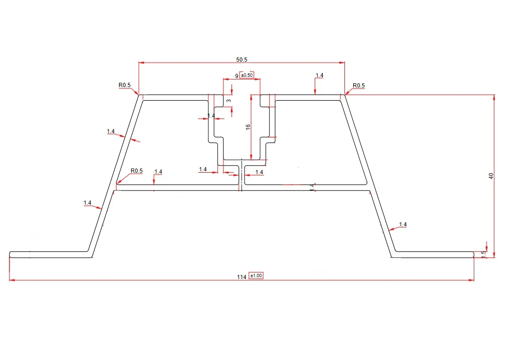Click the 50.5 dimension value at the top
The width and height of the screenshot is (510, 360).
click(242, 59)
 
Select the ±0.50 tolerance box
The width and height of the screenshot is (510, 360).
click(247, 75)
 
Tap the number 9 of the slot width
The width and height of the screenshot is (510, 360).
click(237, 76)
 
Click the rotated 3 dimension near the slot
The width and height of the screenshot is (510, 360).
click(229, 101)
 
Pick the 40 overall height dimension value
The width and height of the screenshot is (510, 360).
click(491, 176)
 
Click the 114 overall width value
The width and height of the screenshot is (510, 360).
click(242, 277)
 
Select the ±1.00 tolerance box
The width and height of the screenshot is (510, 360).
click(256, 276)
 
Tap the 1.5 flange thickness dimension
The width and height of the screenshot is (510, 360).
click(483, 254)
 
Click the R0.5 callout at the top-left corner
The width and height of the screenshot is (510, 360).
click(125, 86)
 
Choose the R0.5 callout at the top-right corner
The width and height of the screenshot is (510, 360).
click(359, 86)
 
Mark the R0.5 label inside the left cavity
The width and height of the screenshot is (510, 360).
click(136, 171)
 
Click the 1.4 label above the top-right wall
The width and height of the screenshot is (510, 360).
click(319, 75)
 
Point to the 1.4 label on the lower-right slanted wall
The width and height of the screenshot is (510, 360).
click(403, 224)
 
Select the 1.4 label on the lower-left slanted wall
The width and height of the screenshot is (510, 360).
click(88, 203)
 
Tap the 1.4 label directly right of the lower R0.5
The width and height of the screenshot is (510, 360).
click(158, 172)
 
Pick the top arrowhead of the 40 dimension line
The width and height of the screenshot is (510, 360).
click(494, 97)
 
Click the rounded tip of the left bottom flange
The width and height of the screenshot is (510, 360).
click(10, 255)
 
